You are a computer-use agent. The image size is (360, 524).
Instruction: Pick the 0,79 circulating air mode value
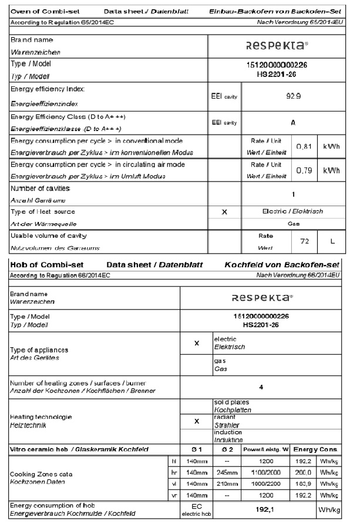click(303, 170)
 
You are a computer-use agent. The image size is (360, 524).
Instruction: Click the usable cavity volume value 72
click(304, 241)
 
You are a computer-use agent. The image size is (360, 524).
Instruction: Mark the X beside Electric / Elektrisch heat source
click(225, 212)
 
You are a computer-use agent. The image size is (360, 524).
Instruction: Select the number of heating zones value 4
click(261, 388)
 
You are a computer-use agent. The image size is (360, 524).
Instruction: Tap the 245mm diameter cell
click(227, 472)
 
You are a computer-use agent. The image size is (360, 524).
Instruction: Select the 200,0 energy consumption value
click(304, 472)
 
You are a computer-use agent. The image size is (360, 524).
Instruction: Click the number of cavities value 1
click(293, 193)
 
